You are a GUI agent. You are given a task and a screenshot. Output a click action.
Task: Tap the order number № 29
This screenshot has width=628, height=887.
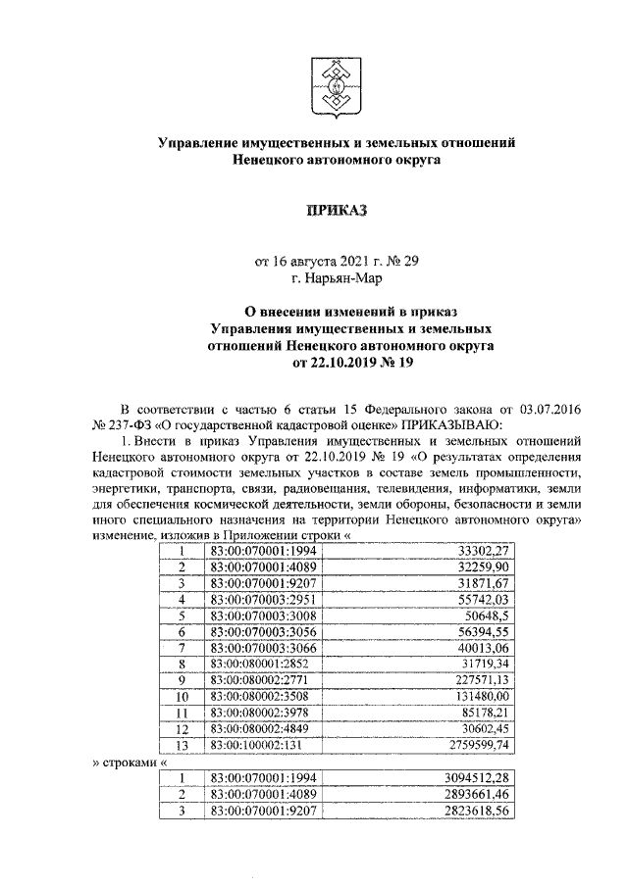coord(402,262)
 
